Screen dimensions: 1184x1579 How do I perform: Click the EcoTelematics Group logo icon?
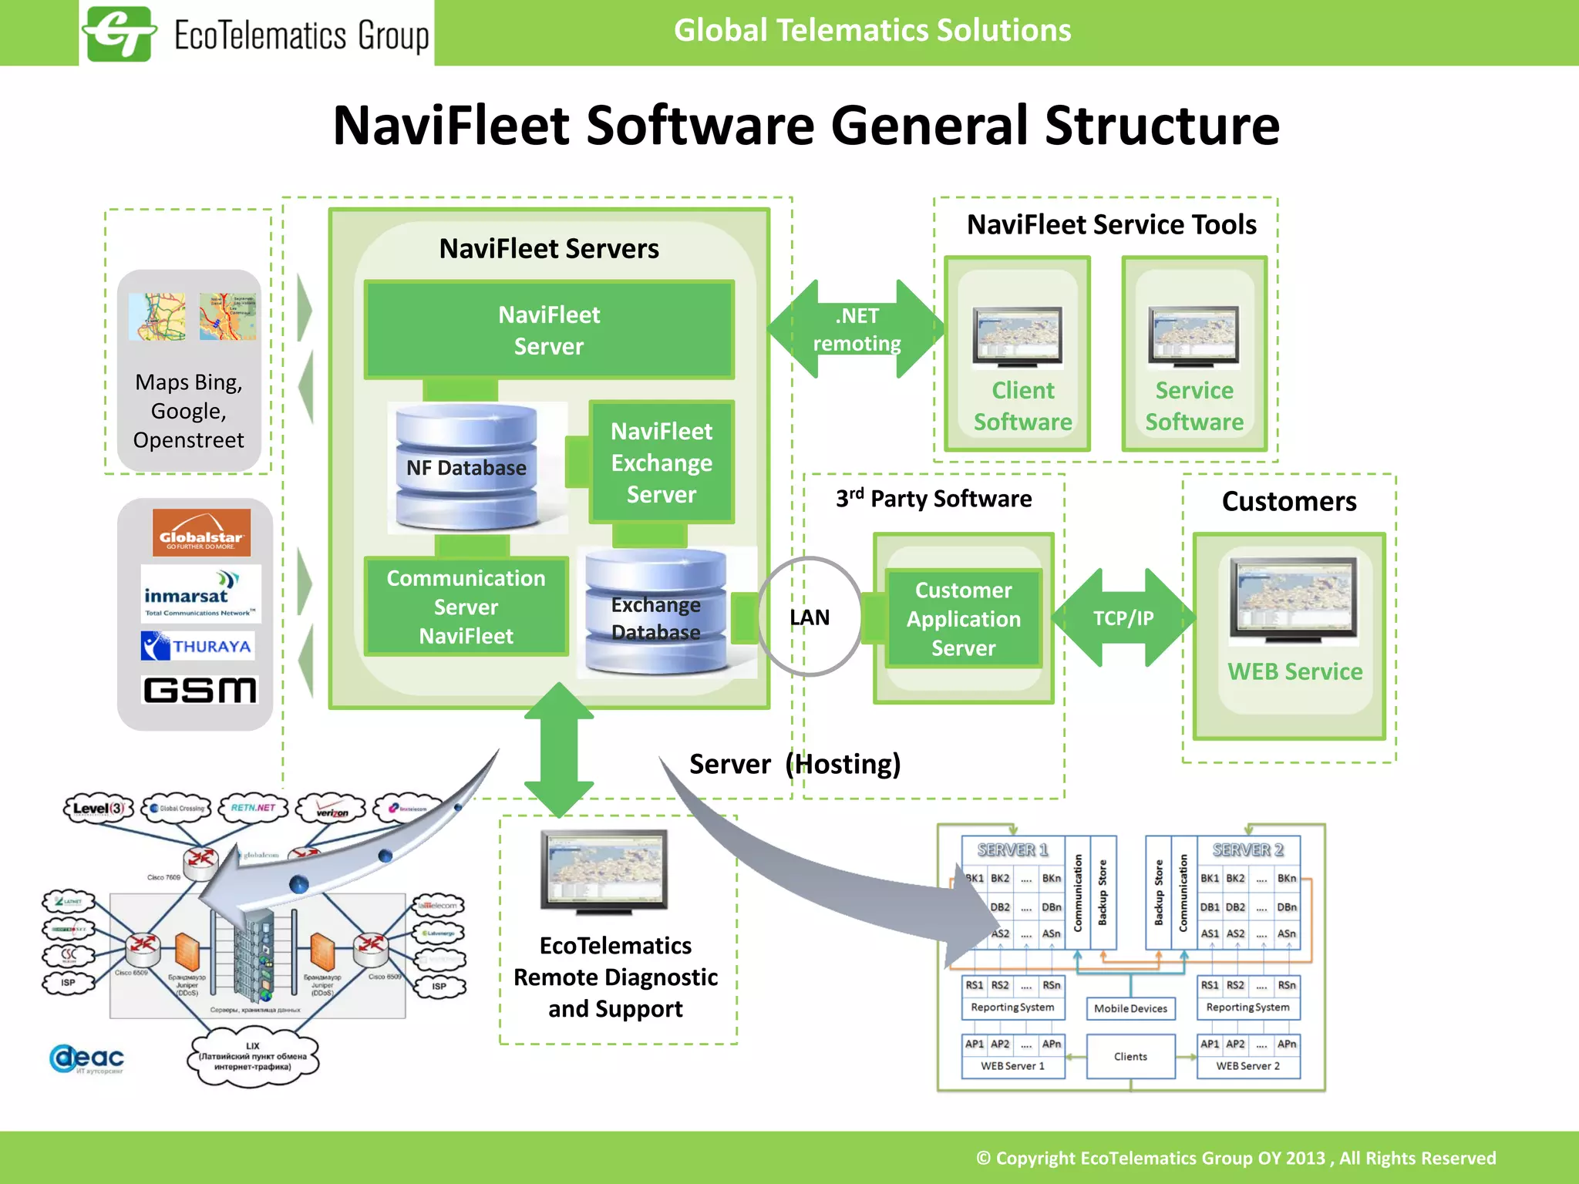tap(119, 34)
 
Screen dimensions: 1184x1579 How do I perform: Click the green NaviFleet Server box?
tap(549, 330)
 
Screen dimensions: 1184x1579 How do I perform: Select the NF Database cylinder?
tap(466, 467)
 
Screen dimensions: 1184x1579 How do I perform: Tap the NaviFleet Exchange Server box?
tap(662, 462)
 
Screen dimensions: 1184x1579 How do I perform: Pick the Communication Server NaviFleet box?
tap(466, 607)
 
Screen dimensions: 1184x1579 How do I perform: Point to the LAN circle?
tap(810, 617)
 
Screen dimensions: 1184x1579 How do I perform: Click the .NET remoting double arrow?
tap(857, 329)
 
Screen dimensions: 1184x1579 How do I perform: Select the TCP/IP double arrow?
tap(1123, 617)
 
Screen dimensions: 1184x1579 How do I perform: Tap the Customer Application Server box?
tap(963, 618)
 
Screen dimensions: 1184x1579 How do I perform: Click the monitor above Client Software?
tap(1017, 336)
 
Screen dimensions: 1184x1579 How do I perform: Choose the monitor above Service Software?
tap(1193, 336)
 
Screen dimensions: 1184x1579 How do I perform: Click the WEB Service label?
tap(1295, 671)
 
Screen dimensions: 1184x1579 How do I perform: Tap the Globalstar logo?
tap(201, 533)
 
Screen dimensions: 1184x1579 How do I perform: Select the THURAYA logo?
tap(198, 646)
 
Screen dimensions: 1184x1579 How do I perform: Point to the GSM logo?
tap(200, 690)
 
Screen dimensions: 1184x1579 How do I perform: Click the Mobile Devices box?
tap(1130, 1008)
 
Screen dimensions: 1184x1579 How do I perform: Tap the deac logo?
tap(87, 1058)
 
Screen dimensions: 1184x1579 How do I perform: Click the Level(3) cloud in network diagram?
tap(98, 809)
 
